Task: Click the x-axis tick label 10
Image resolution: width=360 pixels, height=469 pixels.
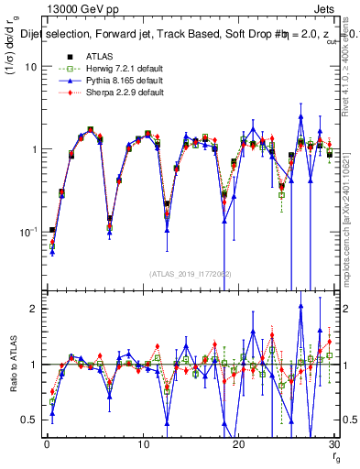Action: (x=143, y=443)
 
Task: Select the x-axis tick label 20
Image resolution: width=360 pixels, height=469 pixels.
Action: (x=239, y=443)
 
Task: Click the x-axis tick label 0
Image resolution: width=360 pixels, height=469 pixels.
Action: (x=47, y=443)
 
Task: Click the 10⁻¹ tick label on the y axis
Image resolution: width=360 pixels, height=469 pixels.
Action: (x=27, y=232)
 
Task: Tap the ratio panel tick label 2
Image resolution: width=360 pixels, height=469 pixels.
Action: (x=34, y=309)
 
